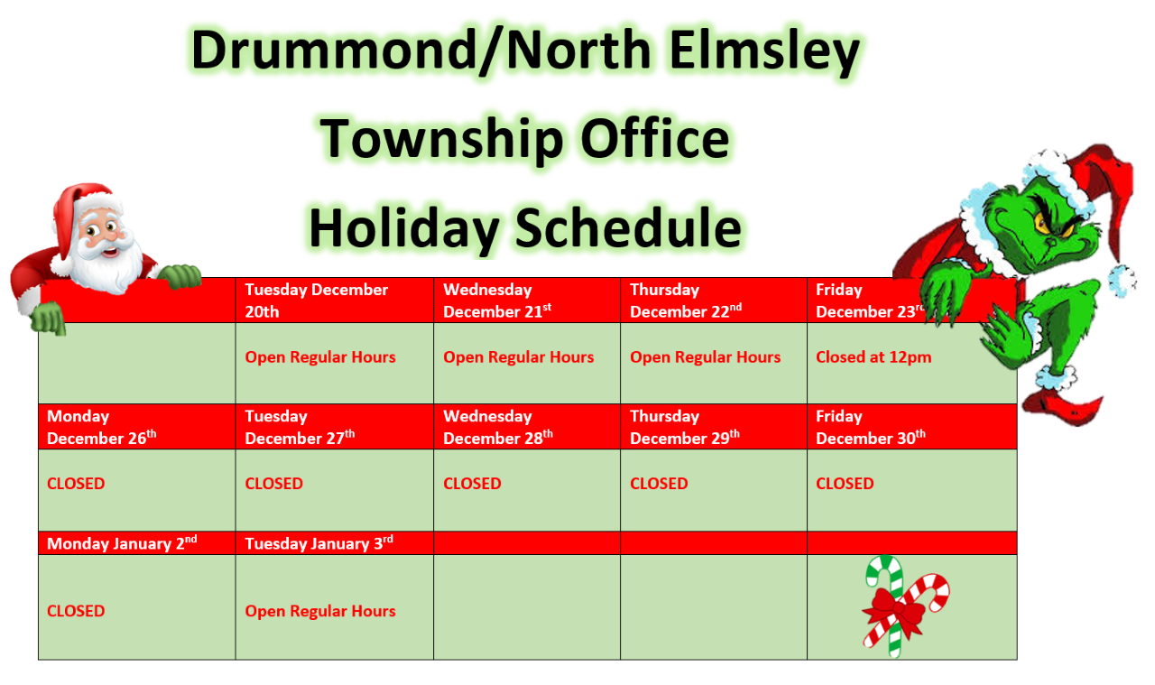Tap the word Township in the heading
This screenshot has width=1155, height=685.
point(441,139)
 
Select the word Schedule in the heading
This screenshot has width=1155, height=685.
point(628,228)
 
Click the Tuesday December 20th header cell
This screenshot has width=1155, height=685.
point(335,301)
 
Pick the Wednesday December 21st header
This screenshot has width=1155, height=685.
point(527,301)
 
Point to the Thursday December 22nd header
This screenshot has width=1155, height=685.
point(714,301)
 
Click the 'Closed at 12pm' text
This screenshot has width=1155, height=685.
point(873,357)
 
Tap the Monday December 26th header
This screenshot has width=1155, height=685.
point(136,427)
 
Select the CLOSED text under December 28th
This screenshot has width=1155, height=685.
point(472,484)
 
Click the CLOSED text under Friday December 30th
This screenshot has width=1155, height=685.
point(845,484)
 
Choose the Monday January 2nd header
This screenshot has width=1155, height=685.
point(136,543)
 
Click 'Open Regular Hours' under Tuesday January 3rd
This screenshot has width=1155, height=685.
point(320,611)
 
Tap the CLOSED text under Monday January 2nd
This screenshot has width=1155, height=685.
point(76,611)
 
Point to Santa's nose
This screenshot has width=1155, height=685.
point(109,239)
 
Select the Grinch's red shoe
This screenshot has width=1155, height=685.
point(1063,406)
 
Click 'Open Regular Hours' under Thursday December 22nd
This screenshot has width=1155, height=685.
point(706,357)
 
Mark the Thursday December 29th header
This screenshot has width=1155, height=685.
point(714,427)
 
